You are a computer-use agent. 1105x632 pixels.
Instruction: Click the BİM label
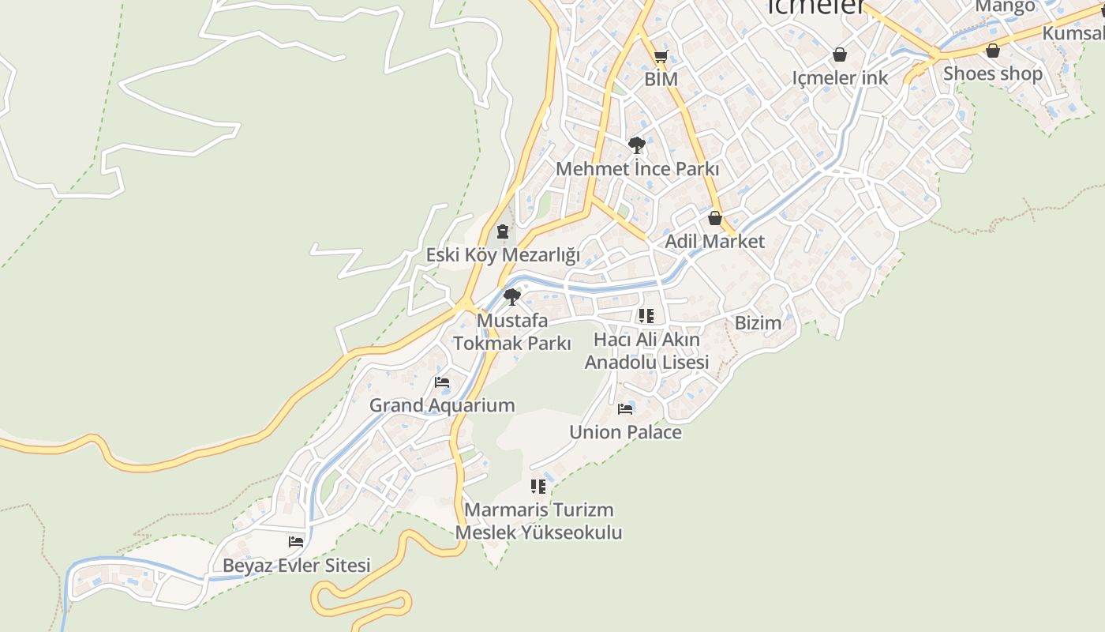pos(661,79)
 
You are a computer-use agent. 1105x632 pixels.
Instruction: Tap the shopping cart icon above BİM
pos(661,56)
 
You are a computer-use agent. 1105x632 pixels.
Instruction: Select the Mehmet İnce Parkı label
pos(637,169)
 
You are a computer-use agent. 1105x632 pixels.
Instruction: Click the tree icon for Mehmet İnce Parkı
pos(636,145)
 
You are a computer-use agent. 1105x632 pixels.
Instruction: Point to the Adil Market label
pos(715,241)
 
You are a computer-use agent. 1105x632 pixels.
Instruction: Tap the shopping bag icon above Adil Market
pos(715,218)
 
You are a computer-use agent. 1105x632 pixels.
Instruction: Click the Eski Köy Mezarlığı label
pos(503,255)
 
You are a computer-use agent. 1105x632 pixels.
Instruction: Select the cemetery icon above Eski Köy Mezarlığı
pos(502,232)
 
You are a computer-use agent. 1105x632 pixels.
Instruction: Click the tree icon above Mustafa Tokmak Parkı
pos(511,297)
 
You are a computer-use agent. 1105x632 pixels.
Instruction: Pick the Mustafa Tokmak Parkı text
pos(511,333)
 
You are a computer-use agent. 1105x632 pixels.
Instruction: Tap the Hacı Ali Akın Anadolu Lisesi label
pos(646,351)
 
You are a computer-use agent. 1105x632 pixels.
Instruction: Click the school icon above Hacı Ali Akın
pos(646,317)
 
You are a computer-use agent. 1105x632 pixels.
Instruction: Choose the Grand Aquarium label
pos(442,405)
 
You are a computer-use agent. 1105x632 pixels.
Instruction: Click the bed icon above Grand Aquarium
pos(442,382)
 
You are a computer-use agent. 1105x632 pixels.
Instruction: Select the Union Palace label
pos(625,432)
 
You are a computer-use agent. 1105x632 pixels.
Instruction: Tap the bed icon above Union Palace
pos(625,409)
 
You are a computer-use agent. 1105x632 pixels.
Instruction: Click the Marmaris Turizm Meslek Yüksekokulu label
pos(538,521)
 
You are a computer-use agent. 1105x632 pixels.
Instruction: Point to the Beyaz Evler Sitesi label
pos(296,566)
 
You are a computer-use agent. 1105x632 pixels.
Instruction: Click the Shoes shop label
pos(993,73)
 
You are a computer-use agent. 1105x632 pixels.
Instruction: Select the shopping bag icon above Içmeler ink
pos(840,55)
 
